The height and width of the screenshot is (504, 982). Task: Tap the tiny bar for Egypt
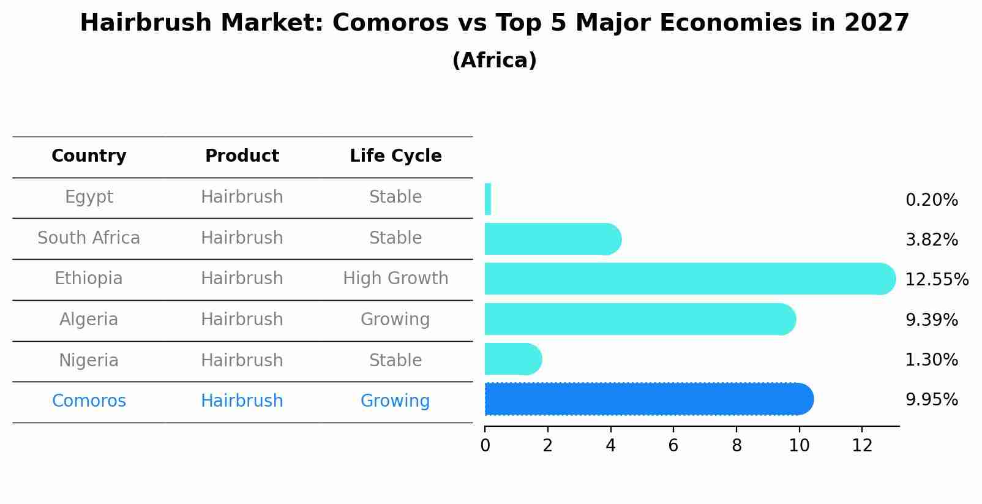pyautogui.click(x=488, y=199)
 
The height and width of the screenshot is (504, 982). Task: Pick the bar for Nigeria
pyautogui.click(x=511, y=359)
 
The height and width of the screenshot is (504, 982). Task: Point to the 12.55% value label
pyautogui.click(x=936, y=280)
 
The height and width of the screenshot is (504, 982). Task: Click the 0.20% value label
pyautogui.click(x=931, y=200)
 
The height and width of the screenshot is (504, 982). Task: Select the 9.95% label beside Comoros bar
pyautogui.click(x=931, y=400)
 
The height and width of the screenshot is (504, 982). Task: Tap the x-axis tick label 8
pyautogui.click(x=736, y=446)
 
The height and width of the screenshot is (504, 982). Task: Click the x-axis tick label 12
pyautogui.click(x=862, y=446)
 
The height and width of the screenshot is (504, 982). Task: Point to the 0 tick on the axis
pyautogui.click(x=485, y=446)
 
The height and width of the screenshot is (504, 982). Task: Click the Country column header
pyautogui.click(x=89, y=156)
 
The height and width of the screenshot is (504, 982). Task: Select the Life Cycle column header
pyautogui.click(x=395, y=156)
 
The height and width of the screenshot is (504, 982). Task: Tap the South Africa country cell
pyautogui.click(x=89, y=238)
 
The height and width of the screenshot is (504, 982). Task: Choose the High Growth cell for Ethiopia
pyautogui.click(x=395, y=279)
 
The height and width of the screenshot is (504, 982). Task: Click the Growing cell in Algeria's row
pyautogui.click(x=395, y=320)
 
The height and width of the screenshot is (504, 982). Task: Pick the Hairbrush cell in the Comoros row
pyautogui.click(x=242, y=401)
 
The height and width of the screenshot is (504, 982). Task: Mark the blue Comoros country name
pyautogui.click(x=89, y=401)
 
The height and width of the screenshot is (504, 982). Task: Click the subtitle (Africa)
pyautogui.click(x=494, y=61)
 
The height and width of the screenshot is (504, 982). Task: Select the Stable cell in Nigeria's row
pyautogui.click(x=395, y=360)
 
